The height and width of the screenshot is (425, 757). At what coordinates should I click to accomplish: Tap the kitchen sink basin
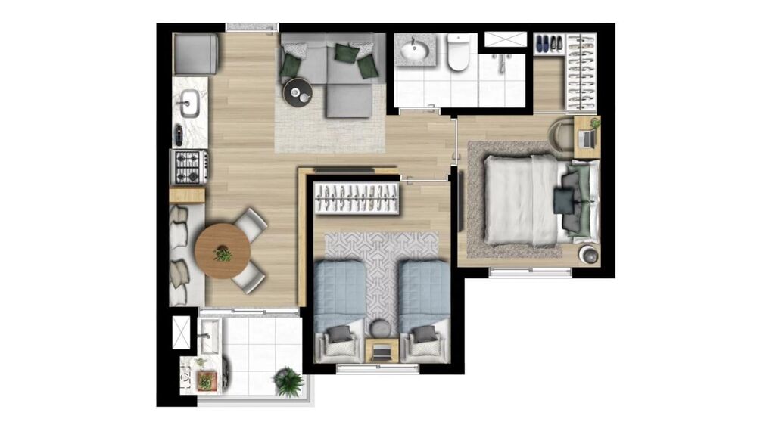[x=189, y=103]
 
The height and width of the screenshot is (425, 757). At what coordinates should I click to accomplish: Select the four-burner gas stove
[x=188, y=166]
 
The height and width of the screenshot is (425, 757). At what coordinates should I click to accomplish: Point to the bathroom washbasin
[x=414, y=51]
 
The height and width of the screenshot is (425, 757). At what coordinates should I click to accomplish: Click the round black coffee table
[x=298, y=92]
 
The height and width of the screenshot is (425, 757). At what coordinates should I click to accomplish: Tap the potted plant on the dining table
[x=223, y=253]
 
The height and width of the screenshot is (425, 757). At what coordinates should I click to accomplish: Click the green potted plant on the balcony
[x=288, y=381]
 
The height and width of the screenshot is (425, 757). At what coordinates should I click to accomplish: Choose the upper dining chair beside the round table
[x=251, y=222]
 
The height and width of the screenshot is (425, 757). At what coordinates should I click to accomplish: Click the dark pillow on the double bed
[x=563, y=200]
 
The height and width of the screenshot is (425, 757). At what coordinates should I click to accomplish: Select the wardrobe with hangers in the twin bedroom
[x=357, y=199]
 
